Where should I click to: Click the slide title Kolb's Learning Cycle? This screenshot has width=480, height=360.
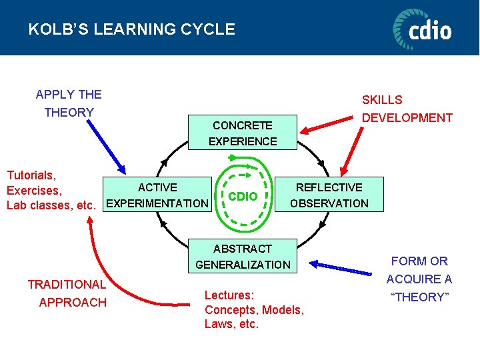[x=131, y=29]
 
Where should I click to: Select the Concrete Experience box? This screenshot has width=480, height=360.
[x=243, y=133]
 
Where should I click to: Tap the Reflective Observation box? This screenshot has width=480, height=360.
[x=329, y=195]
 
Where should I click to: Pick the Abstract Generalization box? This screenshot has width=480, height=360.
[x=243, y=257]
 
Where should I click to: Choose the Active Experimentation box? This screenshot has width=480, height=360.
[x=157, y=195]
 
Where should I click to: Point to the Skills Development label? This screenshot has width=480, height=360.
[x=407, y=109]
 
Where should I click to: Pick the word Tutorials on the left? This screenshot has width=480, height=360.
[x=31, y=175]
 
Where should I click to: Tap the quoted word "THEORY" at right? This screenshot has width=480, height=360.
[x=419, y=297]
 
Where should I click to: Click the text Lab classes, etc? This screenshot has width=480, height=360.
[x=51, y=205]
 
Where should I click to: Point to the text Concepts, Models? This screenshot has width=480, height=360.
[x=254, y=310]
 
